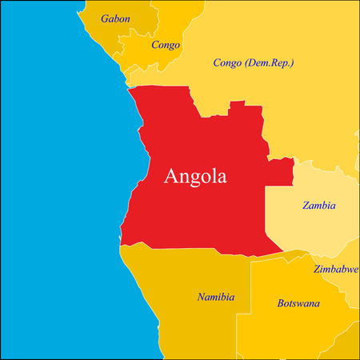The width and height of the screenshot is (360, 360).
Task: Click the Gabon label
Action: pos(115,18)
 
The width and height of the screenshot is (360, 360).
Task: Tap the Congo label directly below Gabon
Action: pos(166,45)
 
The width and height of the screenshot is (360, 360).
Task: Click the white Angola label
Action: pos(195,176)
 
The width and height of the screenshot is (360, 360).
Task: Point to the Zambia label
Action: pos(319,206)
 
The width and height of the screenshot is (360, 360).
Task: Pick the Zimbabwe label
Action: pos(335,269)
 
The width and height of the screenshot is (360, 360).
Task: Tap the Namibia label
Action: pos(216,298)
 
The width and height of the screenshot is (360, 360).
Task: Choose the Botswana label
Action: pos(298,304)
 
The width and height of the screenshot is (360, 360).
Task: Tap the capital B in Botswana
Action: pos(281,304)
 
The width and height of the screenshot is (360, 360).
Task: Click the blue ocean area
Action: pos(56,200)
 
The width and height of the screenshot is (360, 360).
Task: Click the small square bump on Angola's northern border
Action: pos(236,106)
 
